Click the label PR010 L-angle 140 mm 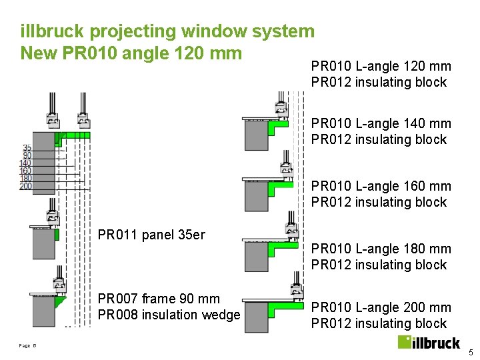click(x=381, y=123)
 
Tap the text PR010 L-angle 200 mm click(x=381, y=307)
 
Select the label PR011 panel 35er click(x=151, y=235)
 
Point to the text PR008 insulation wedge click(x=169, y=315)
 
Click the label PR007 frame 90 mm click(x=159, y=299)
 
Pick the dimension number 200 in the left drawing click(x=26, y=186)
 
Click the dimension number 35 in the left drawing click(x=27, y=148)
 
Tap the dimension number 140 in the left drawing click(x=26, y=163)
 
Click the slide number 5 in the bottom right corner click(x=470, y=352)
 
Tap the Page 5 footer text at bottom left click(x=27, y=345)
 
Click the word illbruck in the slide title click(x=52, y=31)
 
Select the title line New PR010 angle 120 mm click(x=131, y=52)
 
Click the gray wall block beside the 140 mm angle click(x=255, y=135)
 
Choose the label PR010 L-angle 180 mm click(x=381, y=249)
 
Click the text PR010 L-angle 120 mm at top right click(x=381, y=66)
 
